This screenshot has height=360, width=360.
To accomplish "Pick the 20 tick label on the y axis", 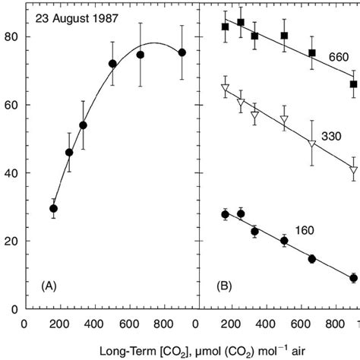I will pos(11,241).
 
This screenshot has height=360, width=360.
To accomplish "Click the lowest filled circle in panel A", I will pos(53,208).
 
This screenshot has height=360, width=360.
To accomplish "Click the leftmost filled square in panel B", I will pos(225,27).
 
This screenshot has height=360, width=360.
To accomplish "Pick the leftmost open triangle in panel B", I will pos(225,89).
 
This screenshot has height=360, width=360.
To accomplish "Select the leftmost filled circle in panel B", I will pos(225,214).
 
